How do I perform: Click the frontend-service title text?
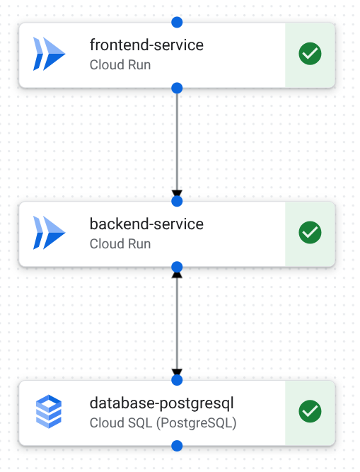pyautogui.click(x=146, y=45)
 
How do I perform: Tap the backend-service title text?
pyautogui.click(x=146, y=224)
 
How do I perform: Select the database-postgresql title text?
pyautogui.click(x=161, y=403)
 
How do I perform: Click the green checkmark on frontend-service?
pyautogui.click(x=310, y=54)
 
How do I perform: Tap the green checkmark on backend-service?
pyautogui.click(x=310, y=233)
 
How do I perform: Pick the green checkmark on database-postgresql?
pyautogui.click(x=310, y=412)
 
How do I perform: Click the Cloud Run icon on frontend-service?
pyautogui.click(x=49, y=54)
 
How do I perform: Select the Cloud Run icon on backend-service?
pyautogui.click(x=49, y=233)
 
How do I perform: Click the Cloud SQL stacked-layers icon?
pyautogui.click(x=49, y=412)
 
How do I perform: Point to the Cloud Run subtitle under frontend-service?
pyautogui.click(x=120, y=65)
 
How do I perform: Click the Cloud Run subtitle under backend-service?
pyautogui.click(x=120, y=244)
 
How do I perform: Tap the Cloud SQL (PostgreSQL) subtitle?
pyautogui.click(x=163, y=423)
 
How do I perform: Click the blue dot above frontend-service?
pyautogui.click(x=177, y=22)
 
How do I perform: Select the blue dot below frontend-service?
pyautogui.click(x=177, y=88)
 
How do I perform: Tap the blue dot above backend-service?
pyautogui.click(x=177, y=201)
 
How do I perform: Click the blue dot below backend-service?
pyautogui.click(x=177, y=267)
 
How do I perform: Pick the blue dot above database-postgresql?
pyautogui.click(x=177, y=380)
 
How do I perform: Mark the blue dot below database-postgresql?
pyautogui.click(x=177, y=446)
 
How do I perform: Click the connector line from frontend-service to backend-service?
pyautogui.click(x=177, y=142)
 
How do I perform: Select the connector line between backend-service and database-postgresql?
pyautogui.click(x=177, y=322)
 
